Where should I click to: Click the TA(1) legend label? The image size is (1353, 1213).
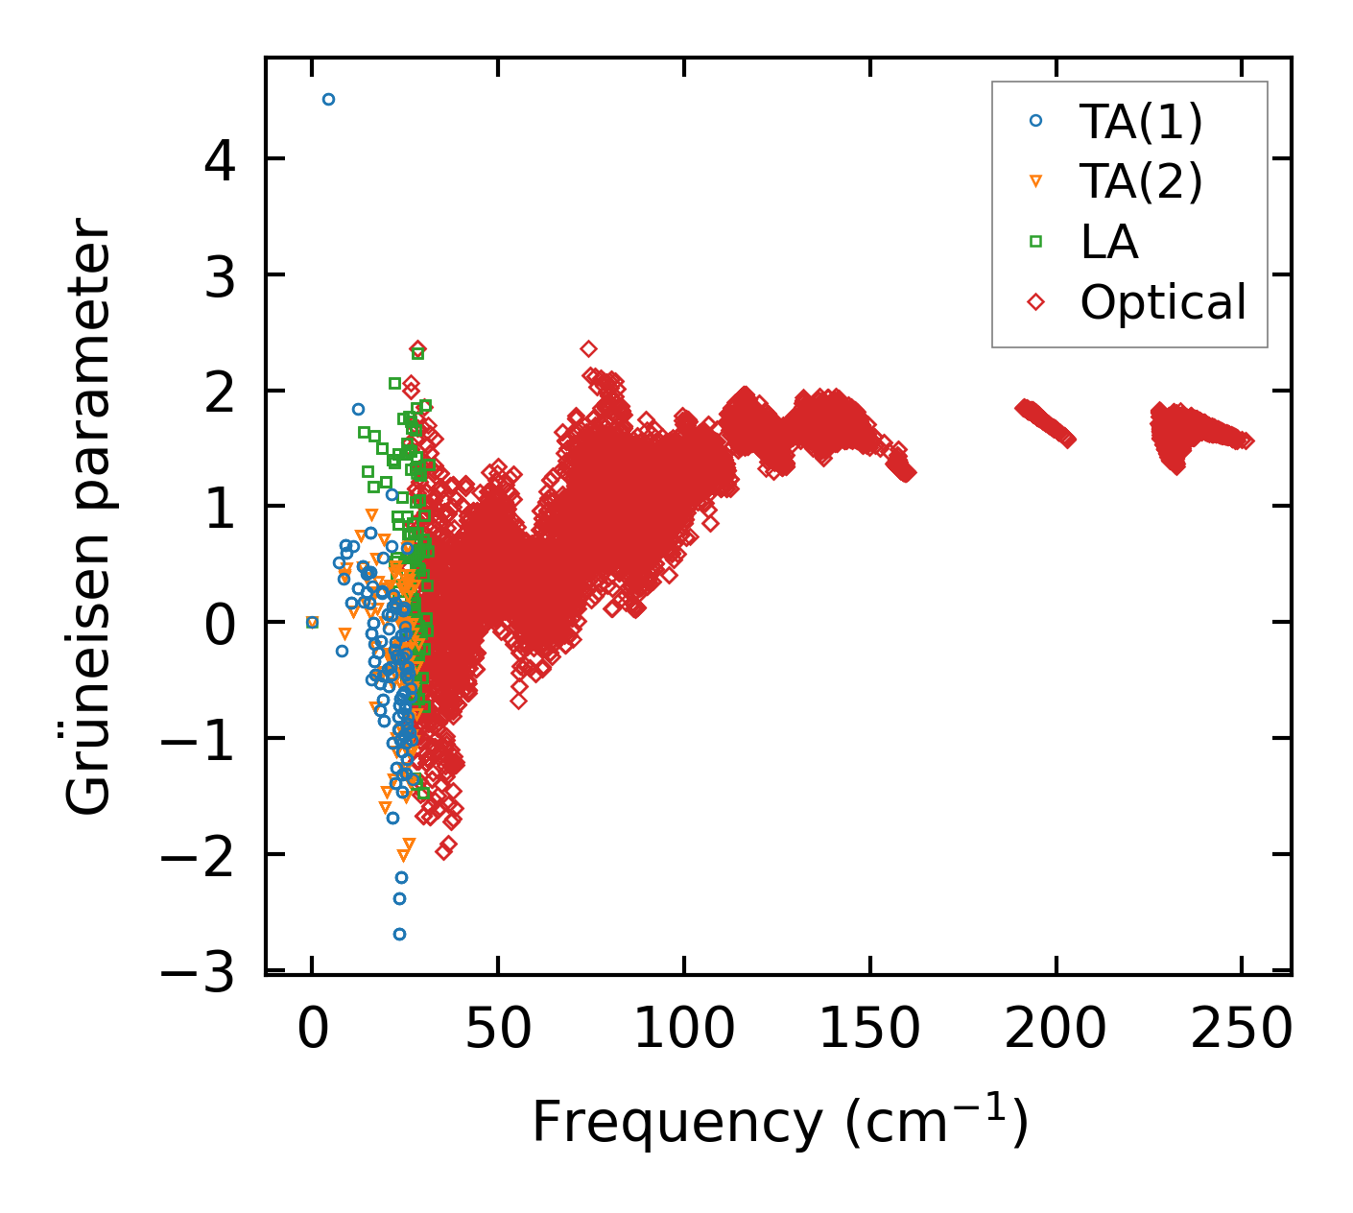[1141, 121]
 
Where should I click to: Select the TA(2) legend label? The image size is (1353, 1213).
[1141, 181]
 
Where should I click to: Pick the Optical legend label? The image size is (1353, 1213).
[1163, 302]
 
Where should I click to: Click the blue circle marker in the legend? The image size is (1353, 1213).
[1035, 121]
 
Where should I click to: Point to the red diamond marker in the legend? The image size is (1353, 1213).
[1035, 302]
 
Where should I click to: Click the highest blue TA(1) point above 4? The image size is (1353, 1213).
[328, 99]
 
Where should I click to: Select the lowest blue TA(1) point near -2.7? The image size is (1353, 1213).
[399, 934]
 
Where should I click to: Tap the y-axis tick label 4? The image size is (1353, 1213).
[220, 159]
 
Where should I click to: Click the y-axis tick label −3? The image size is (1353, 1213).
[198, 974]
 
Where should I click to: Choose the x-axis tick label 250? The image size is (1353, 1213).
[1241, 1030]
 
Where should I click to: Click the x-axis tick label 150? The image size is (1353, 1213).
[869, 1030]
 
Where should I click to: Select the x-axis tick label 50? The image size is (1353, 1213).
[498, 1030]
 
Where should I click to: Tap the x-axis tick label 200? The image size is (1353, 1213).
[1056, 1030]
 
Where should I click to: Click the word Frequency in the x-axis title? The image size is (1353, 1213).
[676, 1121]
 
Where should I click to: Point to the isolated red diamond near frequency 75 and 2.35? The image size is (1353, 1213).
[588, 348]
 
